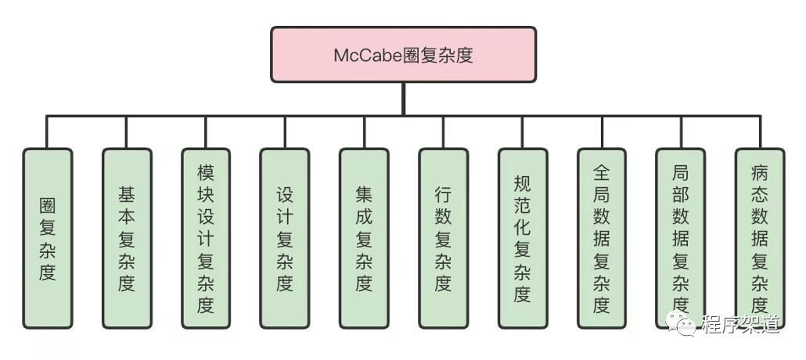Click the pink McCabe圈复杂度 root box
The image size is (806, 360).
(x=403, y=55)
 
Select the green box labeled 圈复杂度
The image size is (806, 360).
(x=48, y=238)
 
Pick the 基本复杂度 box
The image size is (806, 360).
(x=127, y=238)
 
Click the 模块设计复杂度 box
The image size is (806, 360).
(x=206, y=238)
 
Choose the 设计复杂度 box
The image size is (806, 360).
(x=285, y=238)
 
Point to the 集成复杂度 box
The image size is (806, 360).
(x=364, y=238)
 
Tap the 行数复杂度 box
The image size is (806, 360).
(x=443, y=238)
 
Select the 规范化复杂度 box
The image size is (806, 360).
(x=522, y=238)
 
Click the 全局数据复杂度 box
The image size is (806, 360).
(x=601, y=238)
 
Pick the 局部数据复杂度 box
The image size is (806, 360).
(x=680, y=238)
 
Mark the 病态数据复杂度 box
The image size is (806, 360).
(x=759, y=238)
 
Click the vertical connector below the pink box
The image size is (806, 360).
(x=403, y=99)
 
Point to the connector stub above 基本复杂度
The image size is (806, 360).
(x=127, y=131)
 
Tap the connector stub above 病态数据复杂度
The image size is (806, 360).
(x=759, y=131)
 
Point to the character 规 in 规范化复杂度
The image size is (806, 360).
(x=522, y=185)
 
